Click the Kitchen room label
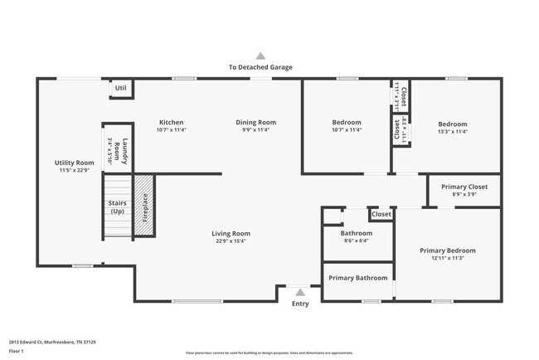(171, 126)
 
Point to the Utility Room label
(75, 166)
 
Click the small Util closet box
(121, 88)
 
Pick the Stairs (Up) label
(117, 207)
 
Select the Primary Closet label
(464, 190)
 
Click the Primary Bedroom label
(448, 254)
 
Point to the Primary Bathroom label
(358, 278)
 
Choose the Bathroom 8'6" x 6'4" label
(357, 237)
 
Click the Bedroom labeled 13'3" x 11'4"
(453, 127)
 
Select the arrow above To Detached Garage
(260, 56)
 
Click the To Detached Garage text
(260, 67)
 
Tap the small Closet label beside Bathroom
(381, 214)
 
